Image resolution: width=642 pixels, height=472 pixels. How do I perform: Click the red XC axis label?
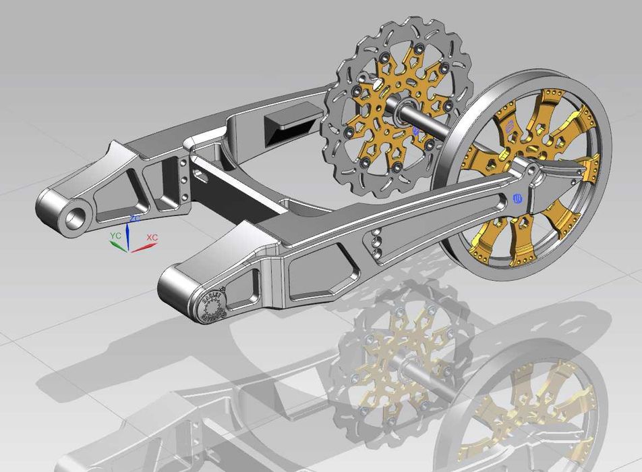click(x=152, y=238)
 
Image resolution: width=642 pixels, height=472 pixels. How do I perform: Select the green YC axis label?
click(x=115, y=236)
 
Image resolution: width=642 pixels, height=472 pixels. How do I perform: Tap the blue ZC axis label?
click(x=134, y=219)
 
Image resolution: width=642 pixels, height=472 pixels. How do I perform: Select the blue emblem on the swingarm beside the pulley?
click(x=518, y=198)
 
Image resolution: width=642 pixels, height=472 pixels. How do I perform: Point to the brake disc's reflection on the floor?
click(x=398, y=365)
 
